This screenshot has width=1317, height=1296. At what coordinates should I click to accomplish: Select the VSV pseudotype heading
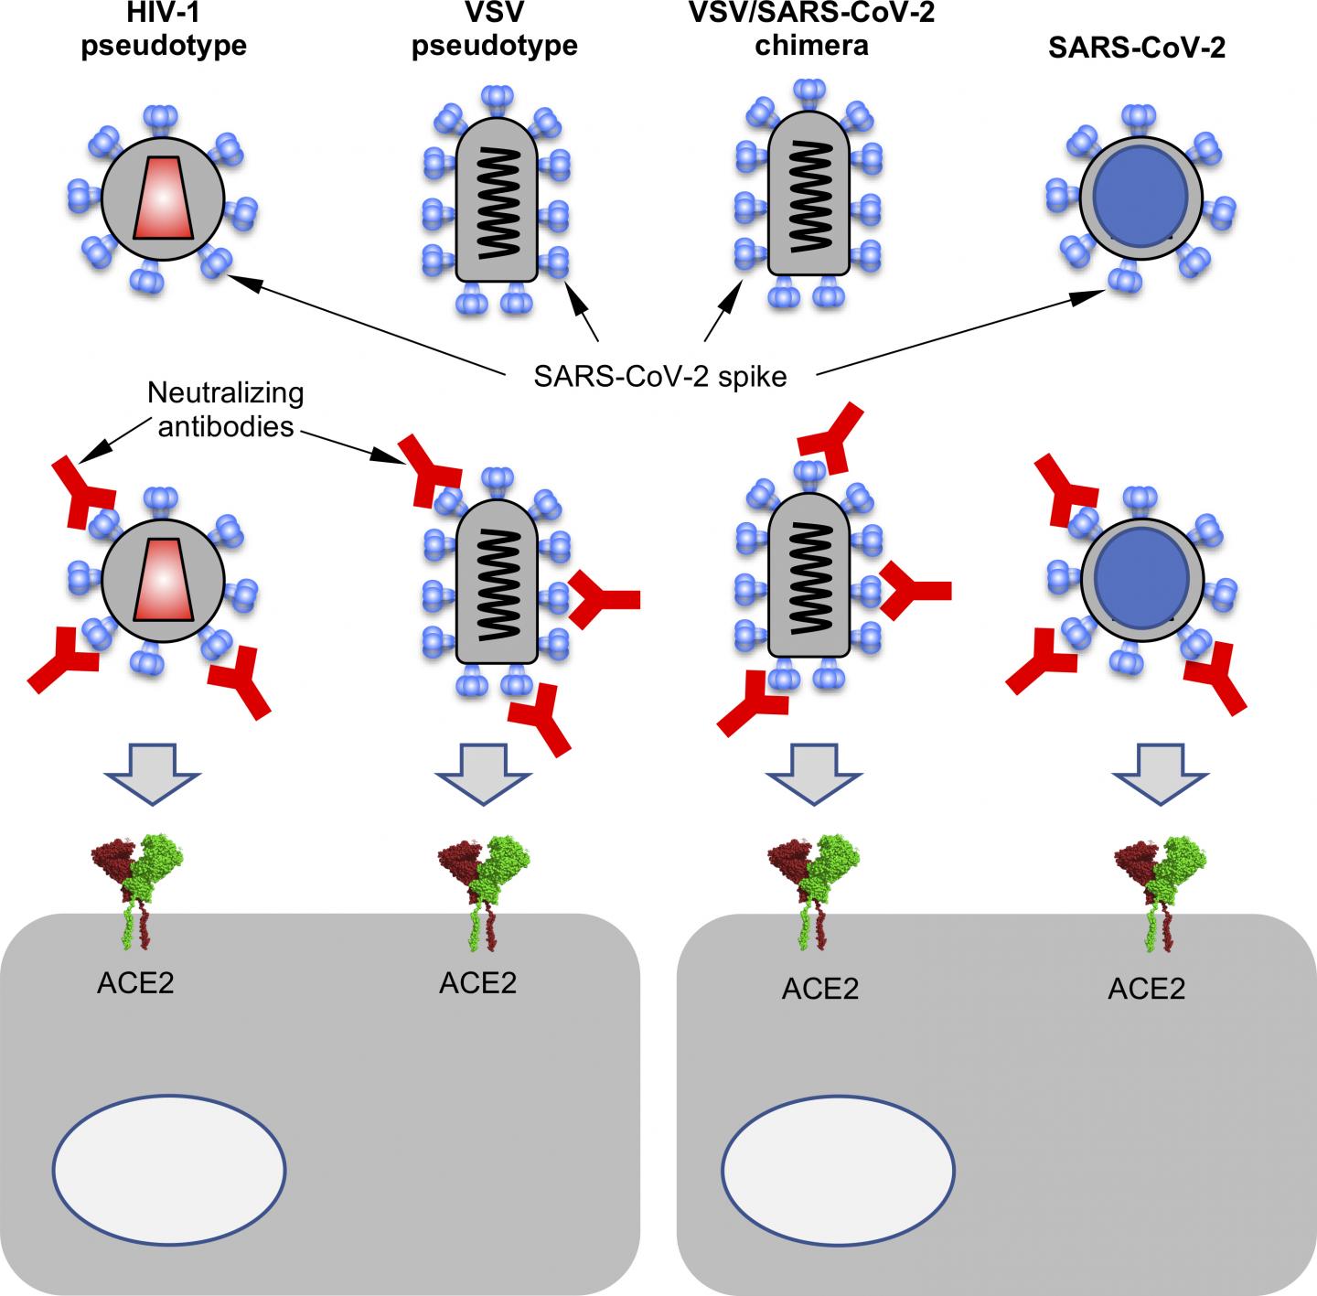pyautogui.click(x=495, y=31)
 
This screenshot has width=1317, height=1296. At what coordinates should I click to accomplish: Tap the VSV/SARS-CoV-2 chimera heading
pyautogui.click(x=811, y=31)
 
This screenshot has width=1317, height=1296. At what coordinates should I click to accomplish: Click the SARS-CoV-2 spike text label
pyautogui.click(x=661, y=376)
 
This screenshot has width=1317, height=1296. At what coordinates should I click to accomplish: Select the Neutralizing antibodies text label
pyautogui.click(x=225, y=410)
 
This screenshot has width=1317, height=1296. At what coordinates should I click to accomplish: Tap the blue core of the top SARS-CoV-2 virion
pyautogui.click(x=1140, y=197)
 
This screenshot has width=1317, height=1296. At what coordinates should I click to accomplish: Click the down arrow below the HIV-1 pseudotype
pyautogui.click(x=152, y=773)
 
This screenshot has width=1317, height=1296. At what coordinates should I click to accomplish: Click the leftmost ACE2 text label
pyautogui.click(x=134, y=983)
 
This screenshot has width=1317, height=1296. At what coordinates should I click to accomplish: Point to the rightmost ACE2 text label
pyautogui.click(x=1146, y=989)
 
